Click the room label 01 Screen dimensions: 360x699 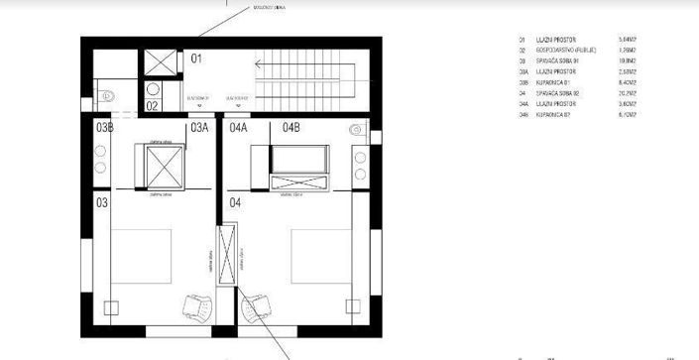[196, 60]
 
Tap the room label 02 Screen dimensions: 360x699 [153, 105]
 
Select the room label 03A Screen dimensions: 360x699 [199, 128]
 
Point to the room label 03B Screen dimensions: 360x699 [104, 128]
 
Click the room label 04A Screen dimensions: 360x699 [239, 128]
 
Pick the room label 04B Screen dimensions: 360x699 [292, 128]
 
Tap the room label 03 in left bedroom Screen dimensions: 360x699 [102, 202]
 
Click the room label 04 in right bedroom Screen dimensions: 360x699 [236, 202]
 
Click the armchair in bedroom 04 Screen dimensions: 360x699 [259, 308]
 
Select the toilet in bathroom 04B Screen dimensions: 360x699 [354, 129]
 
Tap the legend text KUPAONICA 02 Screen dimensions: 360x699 [558, 116]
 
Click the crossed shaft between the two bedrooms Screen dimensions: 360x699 [228, 256]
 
